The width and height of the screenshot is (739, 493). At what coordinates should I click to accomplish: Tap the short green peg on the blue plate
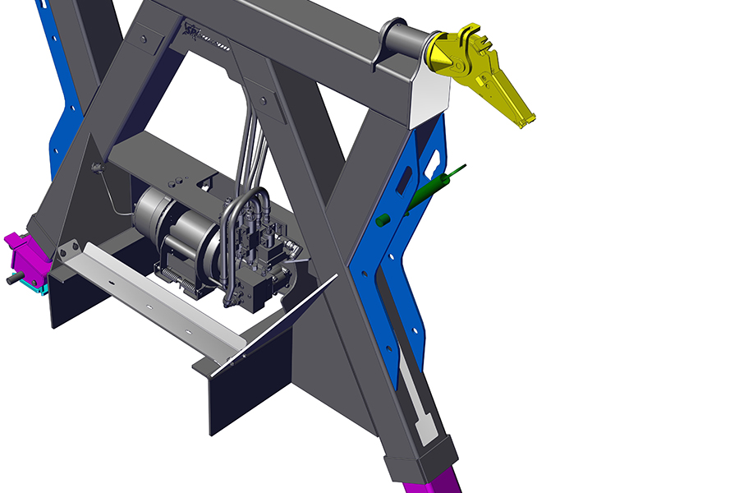[382, 220]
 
